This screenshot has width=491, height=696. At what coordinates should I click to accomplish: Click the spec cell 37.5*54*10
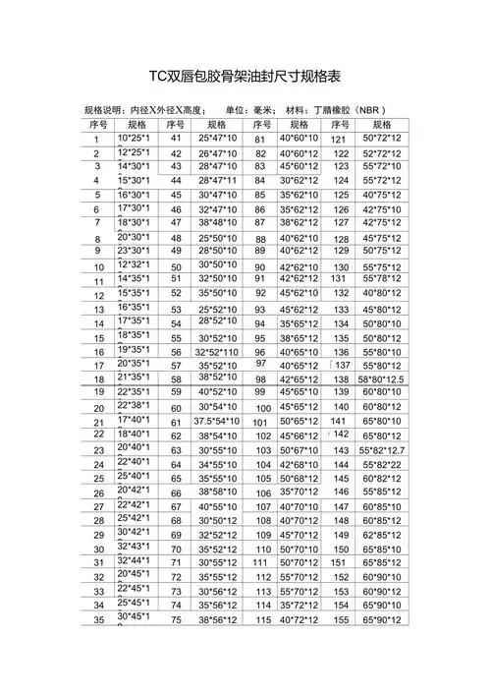tap(217, 421)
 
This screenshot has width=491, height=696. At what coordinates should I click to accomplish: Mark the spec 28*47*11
tap(217, 181)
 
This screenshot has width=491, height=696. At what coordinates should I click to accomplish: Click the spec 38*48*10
tap(217, 223)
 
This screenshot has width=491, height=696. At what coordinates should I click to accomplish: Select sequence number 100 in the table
tap(262, 407)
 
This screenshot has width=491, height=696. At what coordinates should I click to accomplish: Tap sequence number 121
tap(340, 140)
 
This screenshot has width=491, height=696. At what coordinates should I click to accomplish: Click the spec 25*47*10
tap(217, 139)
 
